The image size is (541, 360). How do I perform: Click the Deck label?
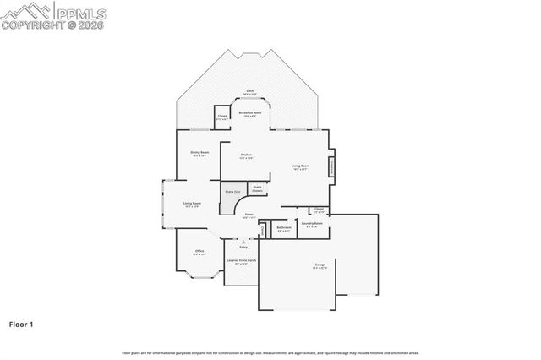[249, 91]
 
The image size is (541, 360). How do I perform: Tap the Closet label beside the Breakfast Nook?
[221, 117]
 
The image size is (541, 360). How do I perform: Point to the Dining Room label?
[199, 154]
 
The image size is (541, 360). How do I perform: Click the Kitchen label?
[246, 155]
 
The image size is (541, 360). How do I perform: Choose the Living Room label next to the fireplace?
[300, 166]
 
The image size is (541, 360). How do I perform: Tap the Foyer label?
[249, 216]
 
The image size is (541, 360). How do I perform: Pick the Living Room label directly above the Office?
[192, 204]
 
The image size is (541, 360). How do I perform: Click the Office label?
[199, 252]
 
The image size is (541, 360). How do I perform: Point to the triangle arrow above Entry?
[243, 242]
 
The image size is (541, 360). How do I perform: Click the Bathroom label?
[284, 227]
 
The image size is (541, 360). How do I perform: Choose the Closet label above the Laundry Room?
[320, 209]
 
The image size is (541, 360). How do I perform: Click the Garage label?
[320, 266]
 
